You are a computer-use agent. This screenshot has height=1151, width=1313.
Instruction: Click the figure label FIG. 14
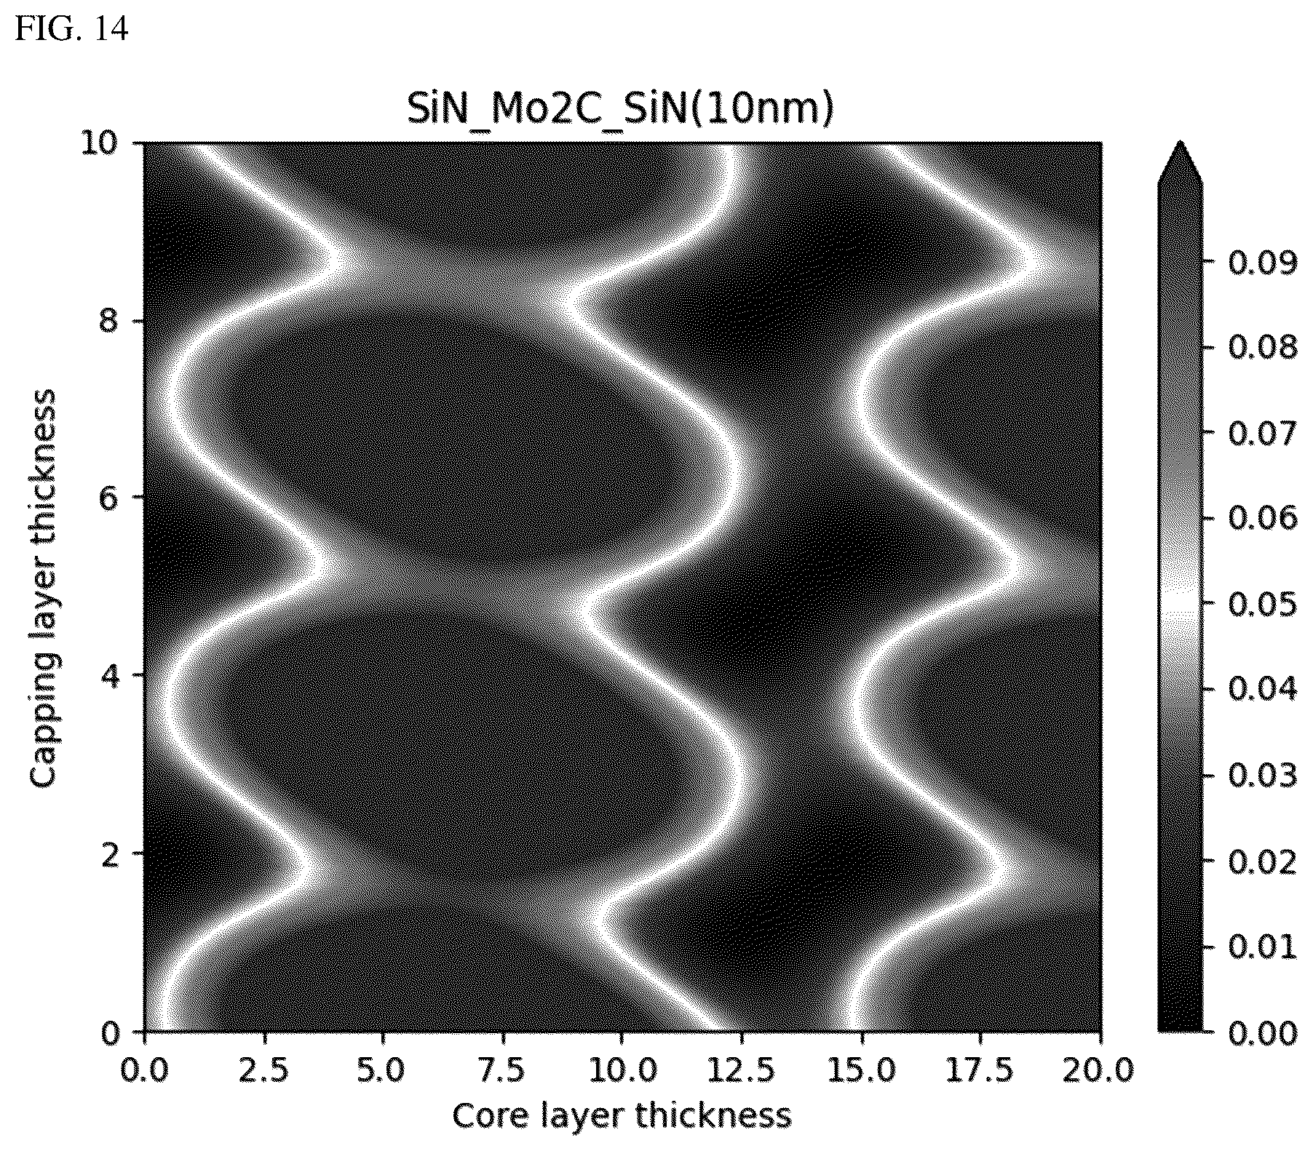[x=72, y=28]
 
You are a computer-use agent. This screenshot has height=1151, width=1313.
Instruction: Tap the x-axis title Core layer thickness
[x=622, y=1115]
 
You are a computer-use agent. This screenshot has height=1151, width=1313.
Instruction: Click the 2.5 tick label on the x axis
[x=263, y=1071]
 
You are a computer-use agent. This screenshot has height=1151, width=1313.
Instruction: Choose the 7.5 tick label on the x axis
[x=502, y=1071]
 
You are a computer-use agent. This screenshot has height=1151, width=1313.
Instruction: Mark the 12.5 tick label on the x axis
[x=741, y=1071]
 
